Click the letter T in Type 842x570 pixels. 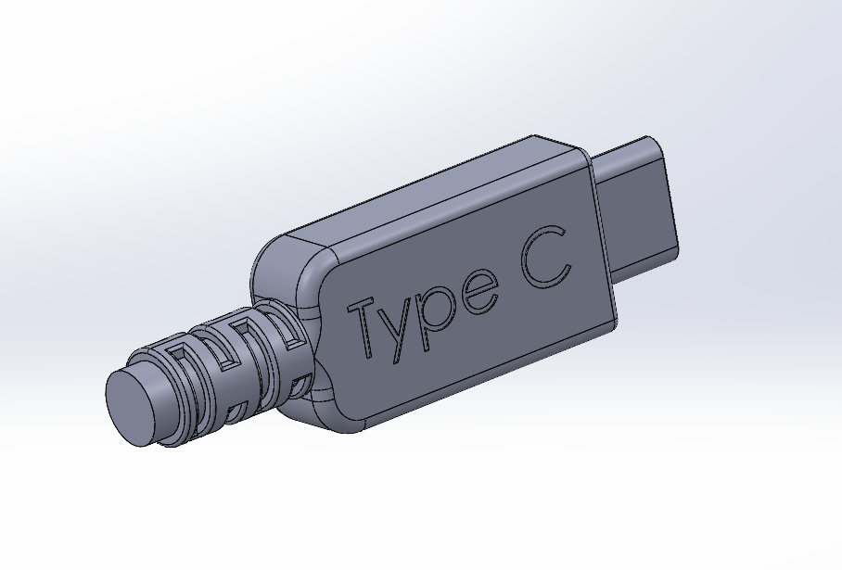364,326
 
